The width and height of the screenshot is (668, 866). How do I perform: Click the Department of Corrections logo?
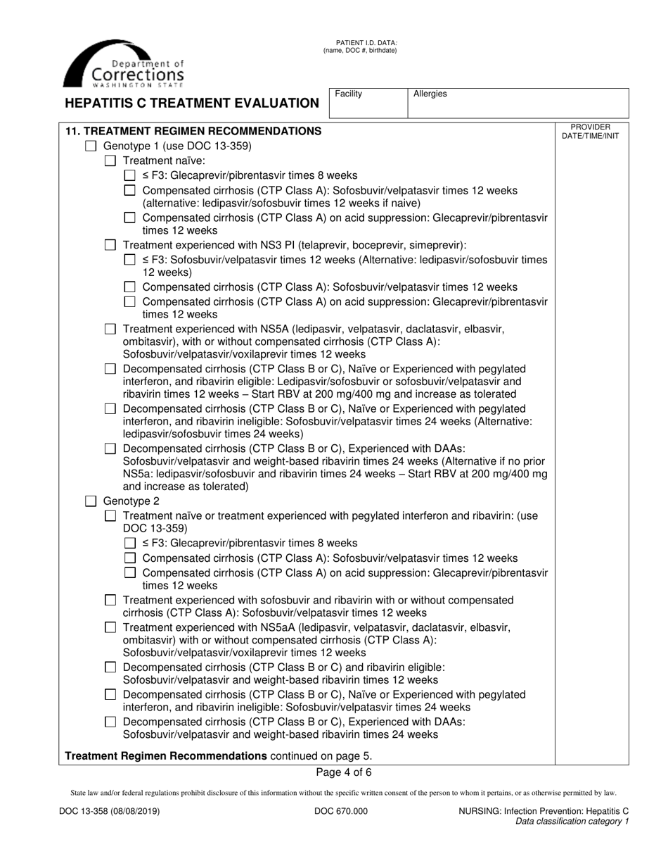pyautogui.click(x=124, y=64)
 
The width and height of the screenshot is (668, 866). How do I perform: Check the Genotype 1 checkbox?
pyautogui.click(x=91, y=146)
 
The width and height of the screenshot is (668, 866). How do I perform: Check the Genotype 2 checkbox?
pyautogui.click(x=91, y=501)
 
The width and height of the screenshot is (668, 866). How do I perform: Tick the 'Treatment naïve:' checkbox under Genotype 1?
pyautogui.click(x=110, y=161)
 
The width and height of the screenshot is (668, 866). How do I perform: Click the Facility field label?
pyautogui.click(x=349, y=94)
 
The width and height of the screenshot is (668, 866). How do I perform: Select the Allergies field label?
pyautogui.click(x=430, y=94)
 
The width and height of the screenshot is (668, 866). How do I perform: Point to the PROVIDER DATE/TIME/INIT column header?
pyautogui.click(x=591, y=132)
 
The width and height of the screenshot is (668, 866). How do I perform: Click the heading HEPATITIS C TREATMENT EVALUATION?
pyautogui.click(x=192, y=103)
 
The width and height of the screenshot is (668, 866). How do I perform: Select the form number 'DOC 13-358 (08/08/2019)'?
pyautogui.click(x=109, y=811)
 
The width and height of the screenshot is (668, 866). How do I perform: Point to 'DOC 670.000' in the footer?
pyautogui.click(x=340, y=811)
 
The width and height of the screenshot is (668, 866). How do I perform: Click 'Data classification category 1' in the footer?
pyautogui.click(x=572, y=821)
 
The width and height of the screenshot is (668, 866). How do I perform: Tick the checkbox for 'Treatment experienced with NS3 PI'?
pyautogui.click(x=110, y=245)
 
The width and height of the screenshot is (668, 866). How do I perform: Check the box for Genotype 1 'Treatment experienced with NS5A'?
pyautogui.click(x=110, y=329)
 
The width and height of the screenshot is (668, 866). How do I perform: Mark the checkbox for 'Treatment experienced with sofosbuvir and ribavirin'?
pyautogui.click(x=110, y=600)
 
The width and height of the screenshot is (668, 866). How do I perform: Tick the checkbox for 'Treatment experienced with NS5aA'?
pyautogui.click(x=110, y=627)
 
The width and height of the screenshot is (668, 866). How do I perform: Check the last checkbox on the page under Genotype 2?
pyautogui.click(x=110, y=722)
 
